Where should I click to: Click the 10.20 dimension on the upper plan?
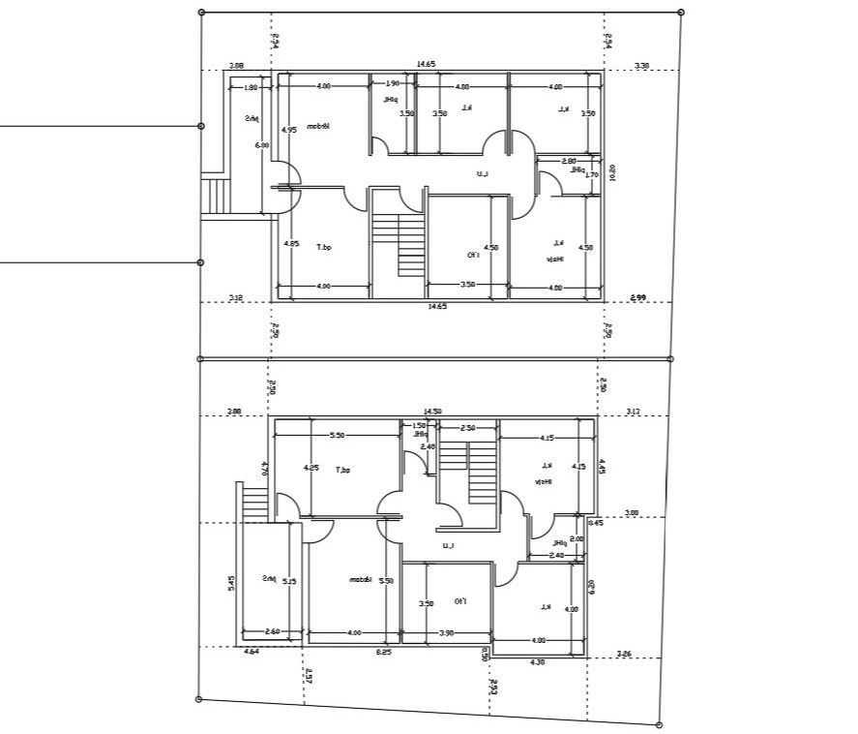(613, 172)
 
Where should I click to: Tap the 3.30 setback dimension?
(641, 66)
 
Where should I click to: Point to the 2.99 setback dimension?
(637, 297)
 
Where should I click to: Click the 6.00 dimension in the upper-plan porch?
(261, 145)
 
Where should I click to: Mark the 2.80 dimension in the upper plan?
(569, 161)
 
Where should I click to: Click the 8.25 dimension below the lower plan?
(383, 653)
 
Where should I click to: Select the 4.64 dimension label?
(251, 653)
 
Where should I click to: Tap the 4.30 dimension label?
(539, 662)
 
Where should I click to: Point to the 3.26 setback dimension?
(625, 655)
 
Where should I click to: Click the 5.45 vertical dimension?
(230, 583)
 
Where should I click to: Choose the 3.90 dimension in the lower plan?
(447, 632)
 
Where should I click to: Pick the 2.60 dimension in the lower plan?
(272, 632)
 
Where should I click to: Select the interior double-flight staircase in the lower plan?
(468, 472)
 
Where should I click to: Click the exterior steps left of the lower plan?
(252, 503)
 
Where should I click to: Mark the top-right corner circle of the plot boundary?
(681, 13)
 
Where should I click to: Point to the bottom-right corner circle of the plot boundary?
(659, 724)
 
